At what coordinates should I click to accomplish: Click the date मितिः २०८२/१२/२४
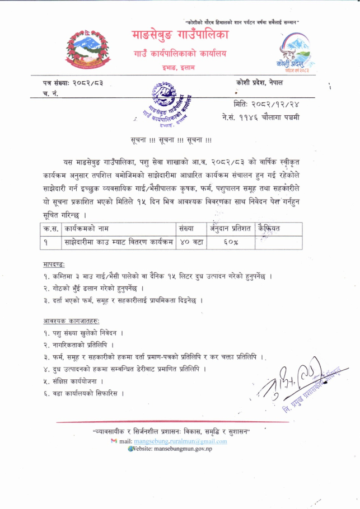(x=263, y=103)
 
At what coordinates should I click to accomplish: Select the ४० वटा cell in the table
(x=191, y=242)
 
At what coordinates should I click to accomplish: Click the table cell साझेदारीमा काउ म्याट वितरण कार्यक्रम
(x=118, y=242)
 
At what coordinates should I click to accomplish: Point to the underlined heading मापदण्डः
(x=54, y=263)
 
